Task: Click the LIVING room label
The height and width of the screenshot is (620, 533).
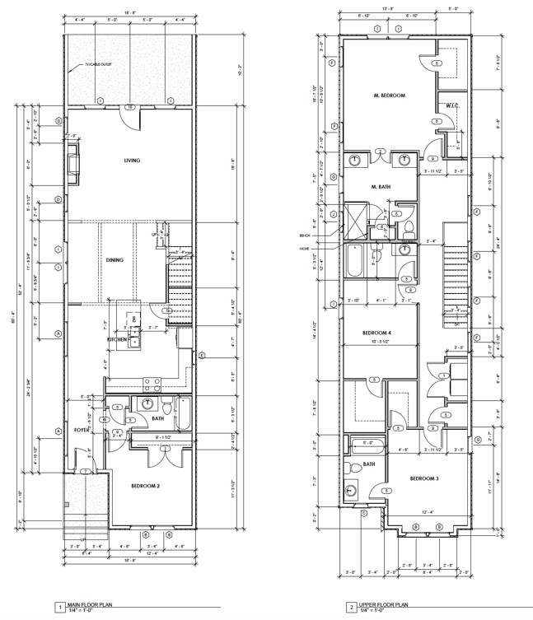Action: (x=131, y=161)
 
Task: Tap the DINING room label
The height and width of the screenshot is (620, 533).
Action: (x=115, y=260)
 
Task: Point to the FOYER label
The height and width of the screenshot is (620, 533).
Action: (x=80, y=429)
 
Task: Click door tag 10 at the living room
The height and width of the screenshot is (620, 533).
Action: (x=129, y=107)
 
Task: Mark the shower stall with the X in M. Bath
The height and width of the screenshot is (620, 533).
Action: (x=354, y=219)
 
